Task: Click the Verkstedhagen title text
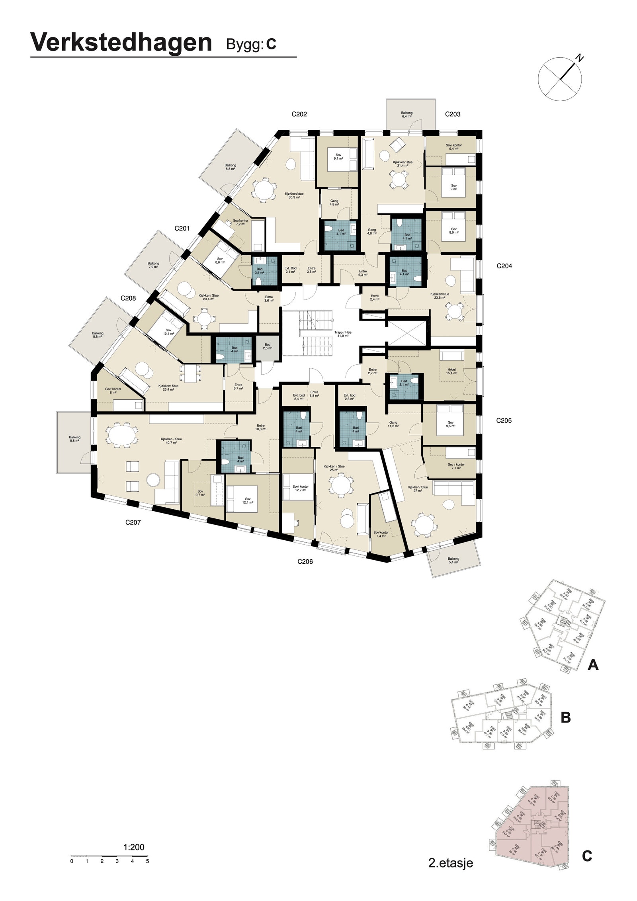(121, 43)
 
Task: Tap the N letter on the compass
(580, 59)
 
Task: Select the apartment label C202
(299, 114)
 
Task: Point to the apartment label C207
(133, 522)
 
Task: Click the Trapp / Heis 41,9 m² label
(343, 334)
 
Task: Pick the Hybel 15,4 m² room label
(451, 371)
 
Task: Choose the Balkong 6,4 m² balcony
(406, 115)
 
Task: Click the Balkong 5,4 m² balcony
(453, 561)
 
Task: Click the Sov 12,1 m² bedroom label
(248, 501)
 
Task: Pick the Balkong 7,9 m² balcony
(153, 265)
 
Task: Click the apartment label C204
(504, 266)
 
